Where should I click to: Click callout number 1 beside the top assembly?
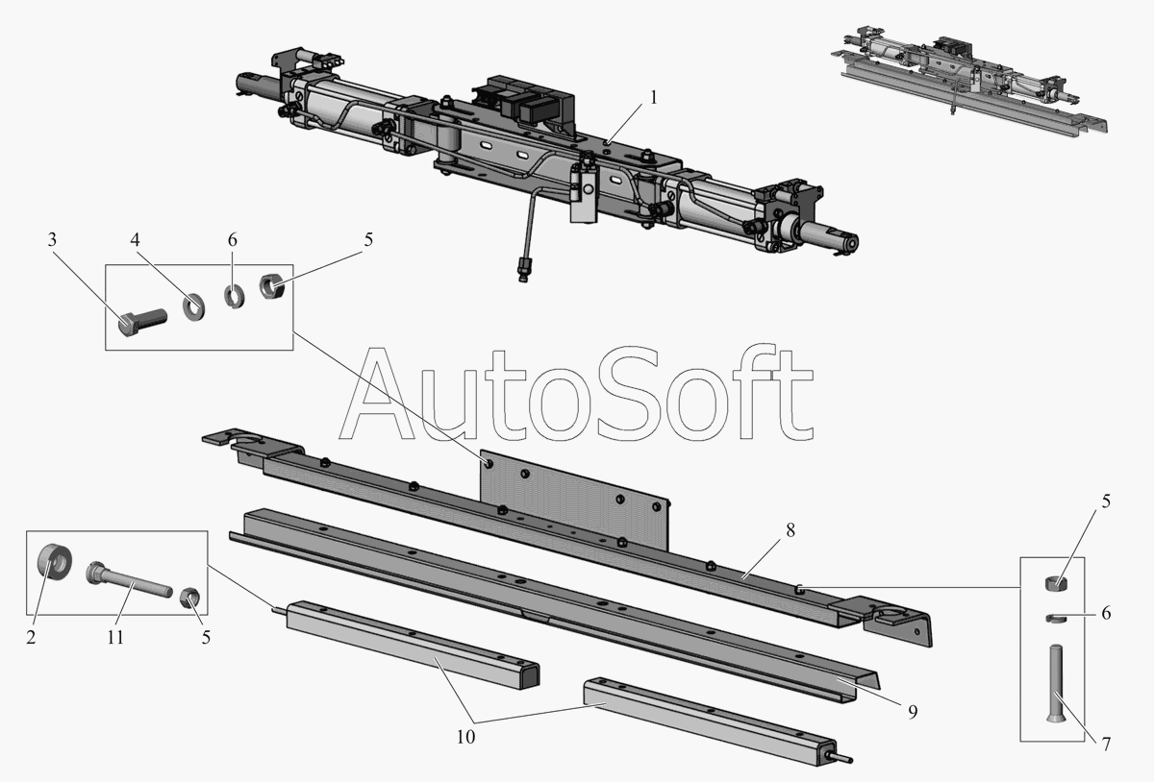[654, 97]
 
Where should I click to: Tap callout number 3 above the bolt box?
[52, 240]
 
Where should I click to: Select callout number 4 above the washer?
[135, 240]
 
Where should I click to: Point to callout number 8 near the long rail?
[790, 530]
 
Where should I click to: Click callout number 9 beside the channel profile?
[913, 712]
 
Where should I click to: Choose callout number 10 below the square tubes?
[465, 737]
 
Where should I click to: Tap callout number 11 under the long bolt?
[115, 637]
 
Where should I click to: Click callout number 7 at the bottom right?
[1106, 745]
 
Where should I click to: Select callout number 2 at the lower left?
[31, 637]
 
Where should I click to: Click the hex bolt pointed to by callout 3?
[141, 320]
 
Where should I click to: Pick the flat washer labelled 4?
[193, 306]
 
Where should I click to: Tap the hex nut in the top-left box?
[269, 285]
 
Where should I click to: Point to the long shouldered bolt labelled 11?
[129, 579]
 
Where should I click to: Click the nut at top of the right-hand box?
[1056, 584]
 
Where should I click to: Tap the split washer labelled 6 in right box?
[1056, 618]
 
